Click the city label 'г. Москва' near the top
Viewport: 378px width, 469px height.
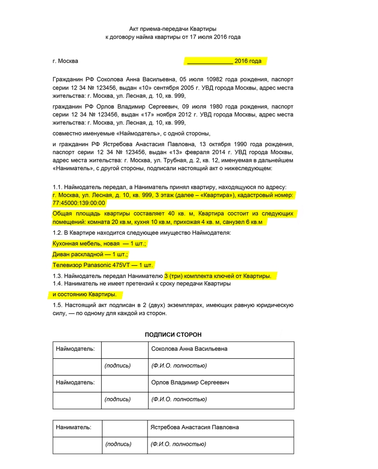65,61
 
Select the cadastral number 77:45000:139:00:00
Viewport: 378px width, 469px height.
79,203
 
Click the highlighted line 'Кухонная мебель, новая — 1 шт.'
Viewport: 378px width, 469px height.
99,243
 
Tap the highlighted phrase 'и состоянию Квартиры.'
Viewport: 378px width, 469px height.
84,295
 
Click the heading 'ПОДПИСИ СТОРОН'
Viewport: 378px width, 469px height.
173,335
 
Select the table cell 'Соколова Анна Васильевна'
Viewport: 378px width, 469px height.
189,349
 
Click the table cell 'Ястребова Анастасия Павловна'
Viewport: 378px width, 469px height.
194,427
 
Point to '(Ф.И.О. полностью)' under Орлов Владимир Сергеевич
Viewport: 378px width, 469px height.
179,400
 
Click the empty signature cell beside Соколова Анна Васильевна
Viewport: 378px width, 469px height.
124,349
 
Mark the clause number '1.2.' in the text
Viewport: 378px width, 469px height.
58,232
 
